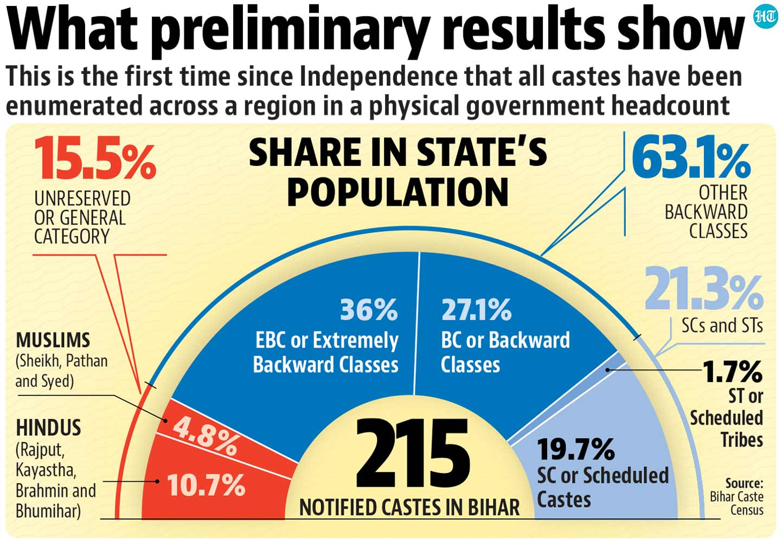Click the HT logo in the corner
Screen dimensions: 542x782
point(765,17)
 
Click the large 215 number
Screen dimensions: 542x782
point(413,454)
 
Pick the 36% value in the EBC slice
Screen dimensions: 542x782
point(369,310)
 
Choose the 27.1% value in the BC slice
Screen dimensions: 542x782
point(476,310)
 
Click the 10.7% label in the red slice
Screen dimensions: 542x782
point(206,484)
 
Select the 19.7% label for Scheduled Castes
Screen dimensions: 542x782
point(576,449)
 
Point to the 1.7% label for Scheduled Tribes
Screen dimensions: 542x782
point(733,372)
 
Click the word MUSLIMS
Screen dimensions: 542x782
point(53,340)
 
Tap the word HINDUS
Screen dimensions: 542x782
point(48,428)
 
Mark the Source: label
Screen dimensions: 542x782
point(744,483)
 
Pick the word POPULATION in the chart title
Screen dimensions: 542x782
point(398,193)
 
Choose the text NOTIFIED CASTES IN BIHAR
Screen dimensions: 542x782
point(409,508)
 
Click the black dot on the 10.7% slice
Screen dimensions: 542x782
point(157,481)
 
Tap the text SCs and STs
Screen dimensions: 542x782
point(722,326)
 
